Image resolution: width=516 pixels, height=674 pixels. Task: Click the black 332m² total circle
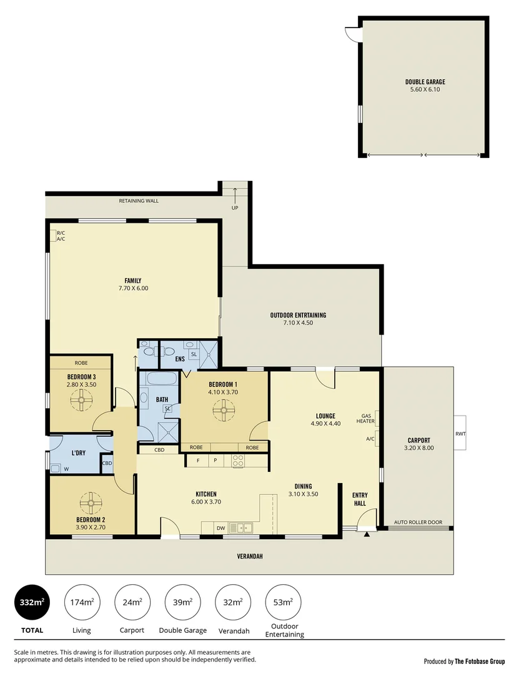31,602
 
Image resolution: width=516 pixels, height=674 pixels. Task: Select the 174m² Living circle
82,602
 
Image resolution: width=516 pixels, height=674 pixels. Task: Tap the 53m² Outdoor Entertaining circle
283,602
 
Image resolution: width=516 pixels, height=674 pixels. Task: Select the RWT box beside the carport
460,434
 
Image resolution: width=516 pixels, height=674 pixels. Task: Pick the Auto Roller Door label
418,522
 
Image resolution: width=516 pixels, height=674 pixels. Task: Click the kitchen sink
239,528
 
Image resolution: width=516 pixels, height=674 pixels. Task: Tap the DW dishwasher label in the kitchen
221,529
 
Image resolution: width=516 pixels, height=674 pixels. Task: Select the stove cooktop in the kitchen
238,461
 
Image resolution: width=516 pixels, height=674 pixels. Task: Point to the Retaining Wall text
139,201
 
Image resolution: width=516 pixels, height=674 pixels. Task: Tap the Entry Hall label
359,499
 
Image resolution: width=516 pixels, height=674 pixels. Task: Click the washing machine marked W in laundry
56,467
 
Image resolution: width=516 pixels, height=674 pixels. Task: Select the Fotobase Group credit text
464,662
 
